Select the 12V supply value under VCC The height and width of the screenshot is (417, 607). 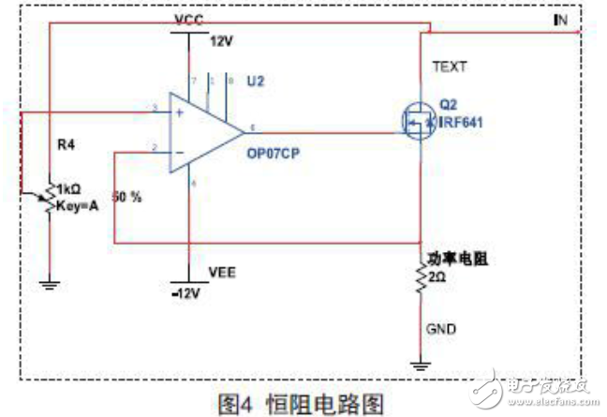click(x=220, y=41)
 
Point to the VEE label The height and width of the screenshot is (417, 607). click(x=221, y=273)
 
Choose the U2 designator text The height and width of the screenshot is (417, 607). click(x=256, y=82)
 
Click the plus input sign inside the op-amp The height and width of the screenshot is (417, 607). click(x=178, y=112)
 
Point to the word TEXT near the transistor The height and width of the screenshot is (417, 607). click(x=449, y=67)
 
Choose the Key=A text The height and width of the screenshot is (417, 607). click(x=79, y=202)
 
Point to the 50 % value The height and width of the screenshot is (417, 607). click(x=126, y=199)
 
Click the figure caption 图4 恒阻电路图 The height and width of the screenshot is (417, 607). click(x=301, y=403)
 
